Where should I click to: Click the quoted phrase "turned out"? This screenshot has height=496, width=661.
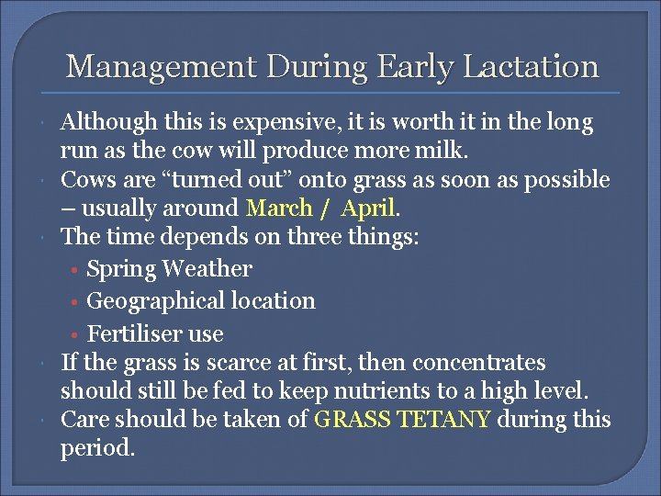point(207,180)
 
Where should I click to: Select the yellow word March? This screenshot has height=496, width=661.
point(280,209)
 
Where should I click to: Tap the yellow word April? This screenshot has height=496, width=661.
point(367,209)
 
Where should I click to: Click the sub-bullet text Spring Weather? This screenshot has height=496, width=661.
point(169,269)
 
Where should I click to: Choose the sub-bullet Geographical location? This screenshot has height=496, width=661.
point(200,301)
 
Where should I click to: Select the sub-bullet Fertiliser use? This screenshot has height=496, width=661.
point(154,333)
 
